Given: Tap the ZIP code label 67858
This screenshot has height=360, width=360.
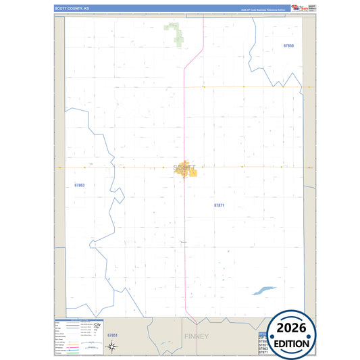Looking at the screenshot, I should point(288,45).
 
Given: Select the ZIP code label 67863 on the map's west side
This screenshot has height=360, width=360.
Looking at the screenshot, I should point(80,185).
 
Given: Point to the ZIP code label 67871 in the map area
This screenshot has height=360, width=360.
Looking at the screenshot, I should point(219,204).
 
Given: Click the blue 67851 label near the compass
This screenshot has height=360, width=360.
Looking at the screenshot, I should point(113,335).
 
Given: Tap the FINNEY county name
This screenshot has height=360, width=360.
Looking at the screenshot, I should point(197,336).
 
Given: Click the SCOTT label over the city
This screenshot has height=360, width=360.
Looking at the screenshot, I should point(184,167).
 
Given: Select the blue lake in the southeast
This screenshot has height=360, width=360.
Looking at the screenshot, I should point(263,290).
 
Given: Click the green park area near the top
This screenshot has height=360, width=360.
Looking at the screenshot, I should point(175,33).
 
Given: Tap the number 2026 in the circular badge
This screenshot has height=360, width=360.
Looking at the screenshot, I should point(291,328).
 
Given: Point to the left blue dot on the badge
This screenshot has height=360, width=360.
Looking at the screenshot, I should point(271,336).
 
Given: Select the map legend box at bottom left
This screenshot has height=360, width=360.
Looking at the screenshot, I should point(77,336).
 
